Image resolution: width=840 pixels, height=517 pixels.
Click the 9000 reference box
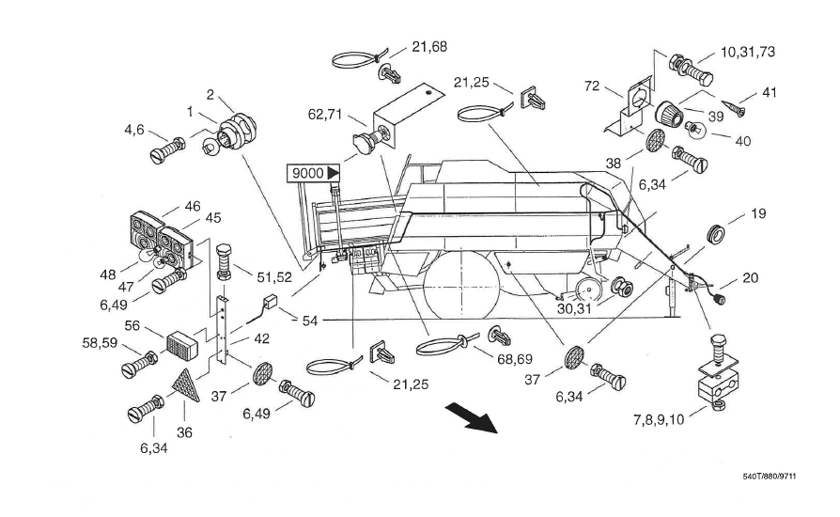pyautogui.click(x=308, y=173)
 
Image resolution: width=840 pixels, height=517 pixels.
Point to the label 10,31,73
pyautogui.click(x=748, y=52)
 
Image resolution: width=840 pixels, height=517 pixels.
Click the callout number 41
pyautogui.click(x=770, y=94)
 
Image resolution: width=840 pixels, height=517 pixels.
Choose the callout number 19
pyautogui.click(x=757, y=213)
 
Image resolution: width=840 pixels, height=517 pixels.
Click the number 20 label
pyautogui.click(x=749, y=277)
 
